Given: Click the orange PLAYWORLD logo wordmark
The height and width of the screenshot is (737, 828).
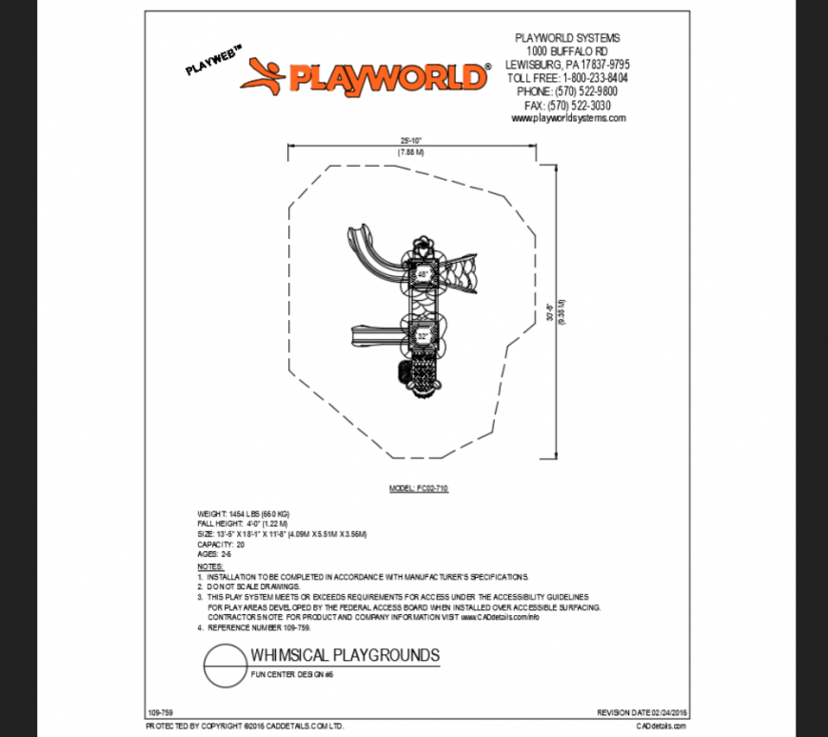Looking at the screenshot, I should tap(388, 76).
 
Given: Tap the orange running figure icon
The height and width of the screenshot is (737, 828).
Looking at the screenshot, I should tap(263, 76).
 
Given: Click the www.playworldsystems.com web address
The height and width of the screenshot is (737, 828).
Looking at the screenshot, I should tap(568, 118).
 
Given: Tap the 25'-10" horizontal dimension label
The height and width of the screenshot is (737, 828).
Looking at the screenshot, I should tap(411, 139).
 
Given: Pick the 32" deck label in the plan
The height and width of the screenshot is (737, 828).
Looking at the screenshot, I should tap(423, 336).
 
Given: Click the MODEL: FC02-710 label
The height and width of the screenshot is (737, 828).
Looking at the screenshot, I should tap(418, 488).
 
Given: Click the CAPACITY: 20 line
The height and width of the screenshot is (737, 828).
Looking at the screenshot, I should tap(221, 544).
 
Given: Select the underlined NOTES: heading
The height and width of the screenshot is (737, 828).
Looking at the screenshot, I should tap(210, 567).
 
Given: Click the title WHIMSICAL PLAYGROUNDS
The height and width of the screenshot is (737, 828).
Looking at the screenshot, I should tap(345, 655).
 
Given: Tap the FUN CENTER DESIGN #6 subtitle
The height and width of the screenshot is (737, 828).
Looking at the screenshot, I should tap(292, 674).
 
